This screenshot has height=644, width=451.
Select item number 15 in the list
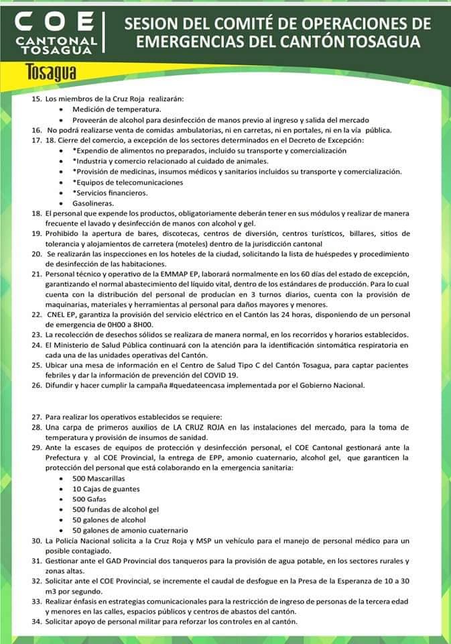click(36, 99)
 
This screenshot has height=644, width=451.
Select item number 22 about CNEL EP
click(36, 314)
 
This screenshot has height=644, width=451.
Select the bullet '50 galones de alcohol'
click(109, 519)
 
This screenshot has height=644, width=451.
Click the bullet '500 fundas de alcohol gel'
click(115, 509)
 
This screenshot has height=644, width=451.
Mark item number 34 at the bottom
click(36, 621)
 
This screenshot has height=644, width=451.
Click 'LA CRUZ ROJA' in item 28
click(200, 427)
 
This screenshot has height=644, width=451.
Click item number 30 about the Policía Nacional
click(36, 540)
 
